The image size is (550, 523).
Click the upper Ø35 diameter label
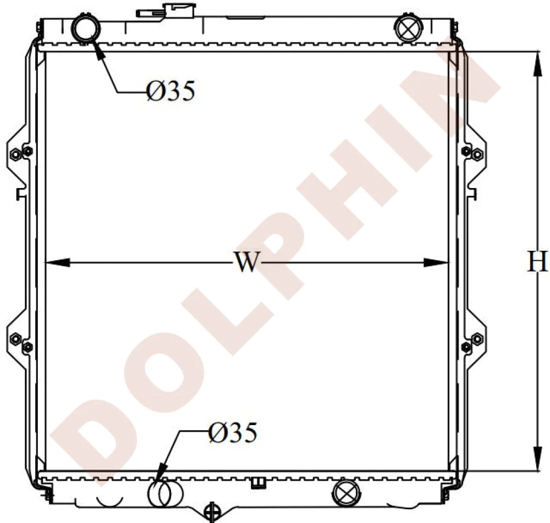click(x=171, y=91)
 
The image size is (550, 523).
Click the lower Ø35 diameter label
click(x=233, y=433)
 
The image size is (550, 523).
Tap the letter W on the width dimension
click(x=246, y=262)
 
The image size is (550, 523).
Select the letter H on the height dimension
click(x=537, y=262)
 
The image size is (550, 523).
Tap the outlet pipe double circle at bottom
click(x=164, y=493)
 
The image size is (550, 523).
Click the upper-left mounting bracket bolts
click(x=21, y=153)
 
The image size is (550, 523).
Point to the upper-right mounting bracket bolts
click(x=472, y=153)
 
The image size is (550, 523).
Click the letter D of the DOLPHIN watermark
click(x=94, y=434)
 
